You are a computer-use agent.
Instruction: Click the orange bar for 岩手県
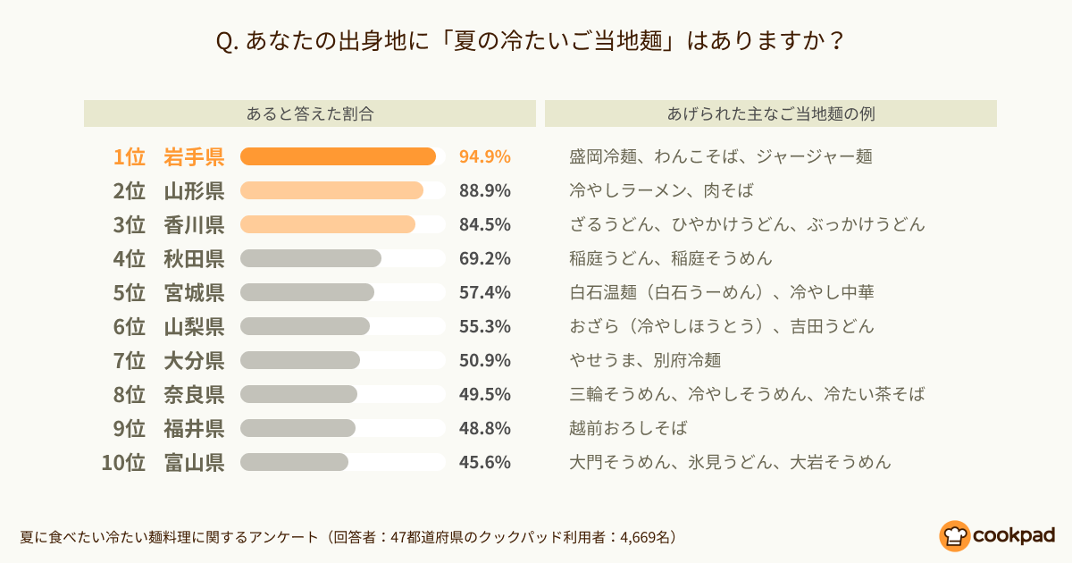pyautogui.click(x=338, y=156)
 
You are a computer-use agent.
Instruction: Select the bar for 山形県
pyautogui.click(x=331, y=190)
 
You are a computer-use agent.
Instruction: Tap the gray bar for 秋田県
pyautogui.click(x=311, y=258)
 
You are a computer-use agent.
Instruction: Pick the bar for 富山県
pyautogui.click(x=294, y=463)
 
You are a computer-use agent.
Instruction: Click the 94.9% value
pyautogui.click(x=485, y=156)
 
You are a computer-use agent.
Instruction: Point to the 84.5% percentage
pyautogui.click(x=485, y=224)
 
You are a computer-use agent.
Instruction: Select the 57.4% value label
pyautogui.click(x=485, y=292)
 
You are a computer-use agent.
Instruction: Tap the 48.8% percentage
pyautogui.click(x=485, y=428)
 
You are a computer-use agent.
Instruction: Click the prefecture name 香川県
pyautogui.click(x=194, y=224)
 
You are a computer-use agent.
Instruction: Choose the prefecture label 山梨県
pyautogui.click(x=194, y=326)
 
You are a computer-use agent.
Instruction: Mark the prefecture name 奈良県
pyautogui.click(x=194, y=394)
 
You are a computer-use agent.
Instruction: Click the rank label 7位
pyautogui.click(x=129, y=360)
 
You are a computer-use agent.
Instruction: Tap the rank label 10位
pyautogui.click(x=123, y=463)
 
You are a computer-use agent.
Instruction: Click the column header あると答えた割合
pyautogui.click(x=310, y=114)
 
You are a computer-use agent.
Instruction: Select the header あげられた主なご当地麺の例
pyautogui.click(x=771, y=114)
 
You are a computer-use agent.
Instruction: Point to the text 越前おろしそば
pyautogui.click(x=628, y=428)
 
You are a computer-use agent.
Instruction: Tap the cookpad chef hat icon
pyautogui.click(x=954, y=536)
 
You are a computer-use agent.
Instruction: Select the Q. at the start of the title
pyautogui.click(x=227, y=42)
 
